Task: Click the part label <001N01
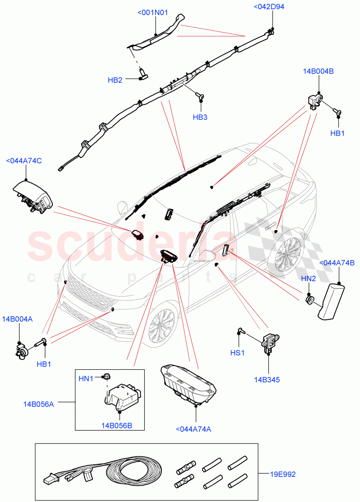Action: coord(153,13)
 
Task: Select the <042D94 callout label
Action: coord(271,6)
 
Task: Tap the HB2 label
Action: coord(115,80)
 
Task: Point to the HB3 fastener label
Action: coord(200,117)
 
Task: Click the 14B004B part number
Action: coord(318,71)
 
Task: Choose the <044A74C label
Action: coord(24,161)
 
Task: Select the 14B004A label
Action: coord(17,319)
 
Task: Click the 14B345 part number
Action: coord(266,380)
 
